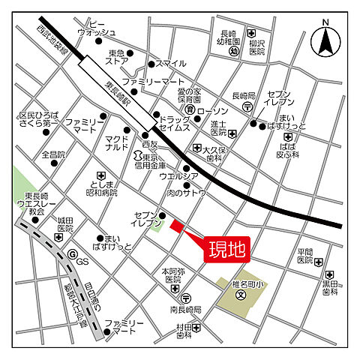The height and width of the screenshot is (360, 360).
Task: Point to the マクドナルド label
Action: [117, 143]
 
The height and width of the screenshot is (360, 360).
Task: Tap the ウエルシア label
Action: [178, 177]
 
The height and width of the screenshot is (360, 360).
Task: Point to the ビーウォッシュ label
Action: [97, 28]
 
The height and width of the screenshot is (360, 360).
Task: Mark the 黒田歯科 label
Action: [331, 287]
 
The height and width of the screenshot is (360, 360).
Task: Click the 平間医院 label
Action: [304, 256]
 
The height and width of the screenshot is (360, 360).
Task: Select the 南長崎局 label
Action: [185, 309]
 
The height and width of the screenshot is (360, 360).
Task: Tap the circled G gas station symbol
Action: [73, 254]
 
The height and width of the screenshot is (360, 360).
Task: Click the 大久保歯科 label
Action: [216, 154]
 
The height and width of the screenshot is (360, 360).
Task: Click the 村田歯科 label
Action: [184, 332]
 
